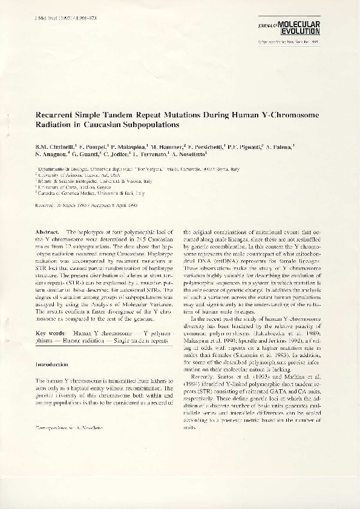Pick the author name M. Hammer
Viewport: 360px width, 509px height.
coord(168,147)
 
